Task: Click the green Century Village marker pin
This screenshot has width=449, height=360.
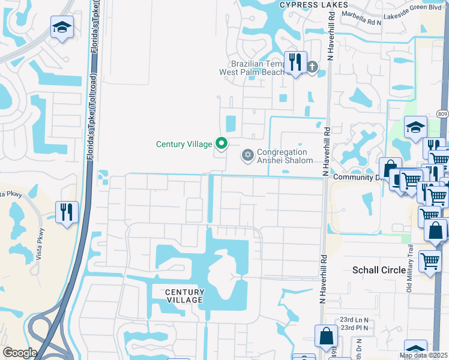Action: coord(221,143)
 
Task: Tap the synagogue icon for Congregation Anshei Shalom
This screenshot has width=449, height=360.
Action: coord(246,156)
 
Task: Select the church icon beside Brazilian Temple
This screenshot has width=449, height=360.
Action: coord(312,66)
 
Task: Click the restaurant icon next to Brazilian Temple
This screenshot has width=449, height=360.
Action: coord(295,61)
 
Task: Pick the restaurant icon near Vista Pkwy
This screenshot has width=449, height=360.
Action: coord(67,211)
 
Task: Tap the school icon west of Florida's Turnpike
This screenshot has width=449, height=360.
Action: coord(62,28)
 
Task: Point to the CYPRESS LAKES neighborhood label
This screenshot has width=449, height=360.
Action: coord(314,5)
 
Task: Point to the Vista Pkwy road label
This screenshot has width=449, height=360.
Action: coord(11,194)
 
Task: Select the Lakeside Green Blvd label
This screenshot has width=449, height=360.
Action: coord(412,19)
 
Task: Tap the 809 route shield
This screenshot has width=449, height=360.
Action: coord(442,114)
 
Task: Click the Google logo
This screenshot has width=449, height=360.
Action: coord(20,353)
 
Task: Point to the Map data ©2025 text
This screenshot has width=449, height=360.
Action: coord(424,355)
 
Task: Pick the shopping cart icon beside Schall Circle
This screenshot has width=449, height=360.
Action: coord(430,262)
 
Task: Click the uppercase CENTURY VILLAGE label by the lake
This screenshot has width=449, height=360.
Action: coord(185,296)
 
